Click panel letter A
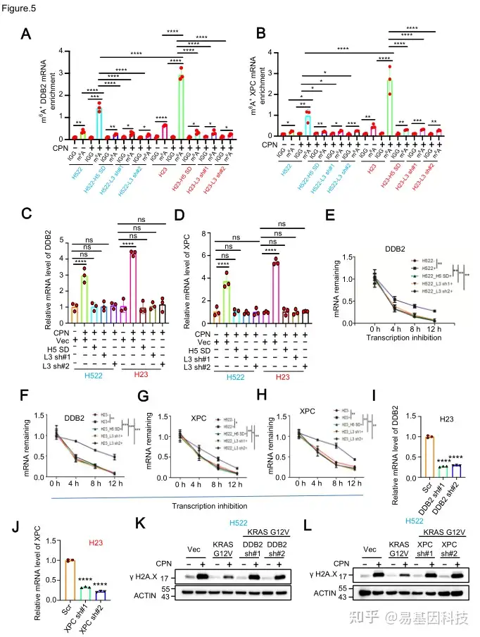(x=26, y=34)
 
